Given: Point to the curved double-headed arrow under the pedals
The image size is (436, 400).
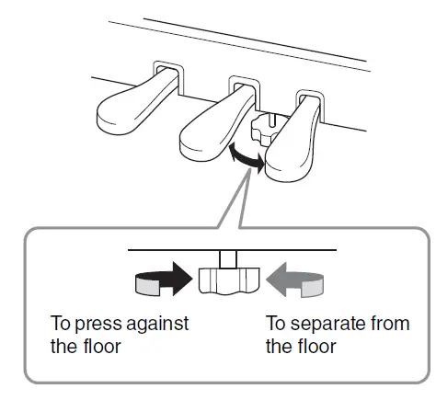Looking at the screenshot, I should (244, 158).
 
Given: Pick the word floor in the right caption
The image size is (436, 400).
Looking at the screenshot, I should (311, 348).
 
